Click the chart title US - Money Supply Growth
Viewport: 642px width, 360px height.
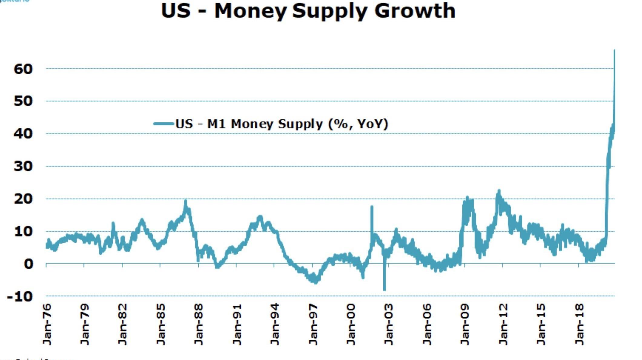[308, 11]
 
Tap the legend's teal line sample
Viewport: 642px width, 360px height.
[164, 124]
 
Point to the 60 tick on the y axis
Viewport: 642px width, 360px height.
[23, 69]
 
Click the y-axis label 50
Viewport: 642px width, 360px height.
[23, 101]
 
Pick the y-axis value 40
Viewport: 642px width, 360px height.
[23, 134]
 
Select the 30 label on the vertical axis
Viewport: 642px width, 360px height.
[23, 166]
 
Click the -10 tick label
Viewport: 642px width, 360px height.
[20, 296]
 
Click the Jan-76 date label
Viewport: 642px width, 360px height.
[47, 324]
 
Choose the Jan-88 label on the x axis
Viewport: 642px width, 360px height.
[199, 324]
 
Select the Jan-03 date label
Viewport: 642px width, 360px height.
[389, 324]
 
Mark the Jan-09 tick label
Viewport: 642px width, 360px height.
[465, 324]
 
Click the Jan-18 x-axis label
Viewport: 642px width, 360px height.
[579, 324]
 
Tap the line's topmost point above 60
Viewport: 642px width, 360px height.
[614, 50]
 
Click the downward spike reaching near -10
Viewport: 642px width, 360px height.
[385, 289]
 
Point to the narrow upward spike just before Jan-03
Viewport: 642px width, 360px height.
[372, 207]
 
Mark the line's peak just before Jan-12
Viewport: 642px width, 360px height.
[499, 191]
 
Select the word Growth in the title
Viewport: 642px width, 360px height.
[415, 11]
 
